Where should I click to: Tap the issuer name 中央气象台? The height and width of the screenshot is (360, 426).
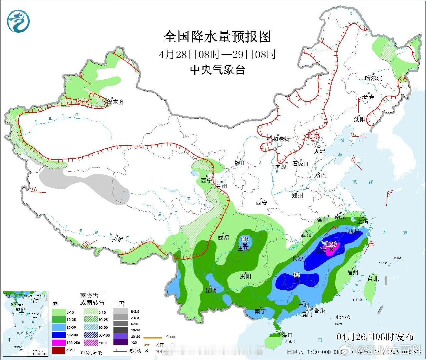click(x=218, y=70)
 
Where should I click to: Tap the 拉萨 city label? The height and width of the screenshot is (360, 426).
click(x=118, y=239)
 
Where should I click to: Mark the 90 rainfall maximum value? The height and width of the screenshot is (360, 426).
click(x=296, y=275)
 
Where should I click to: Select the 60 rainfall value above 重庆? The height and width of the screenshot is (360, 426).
click(x=245, y=239)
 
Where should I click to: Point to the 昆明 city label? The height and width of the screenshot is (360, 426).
click(x=210, y=290)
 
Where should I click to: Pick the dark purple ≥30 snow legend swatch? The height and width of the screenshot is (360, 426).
click(x=120, y=342)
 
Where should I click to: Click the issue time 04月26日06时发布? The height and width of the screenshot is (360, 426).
click(x=375, y=337)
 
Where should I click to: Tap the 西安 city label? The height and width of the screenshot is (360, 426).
click(x=262, y=202)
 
